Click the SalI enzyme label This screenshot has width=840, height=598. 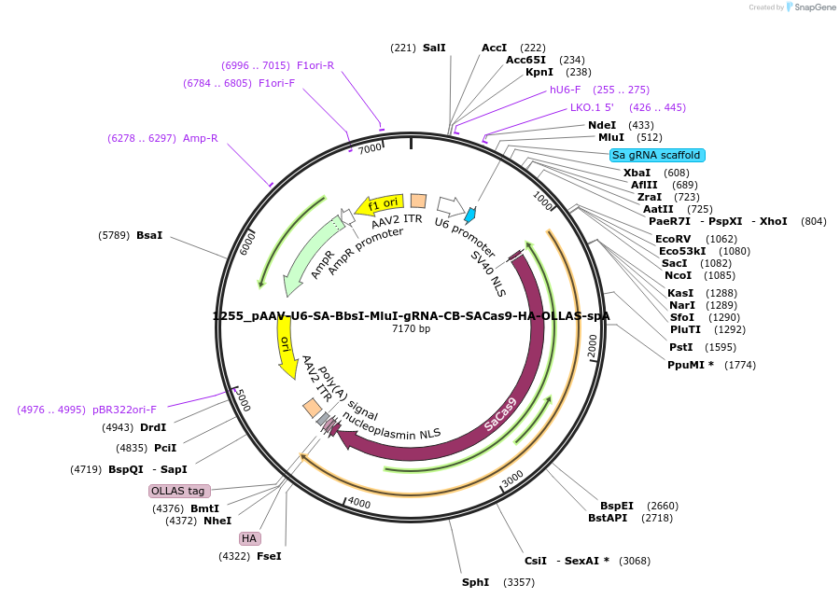tap(434, 47)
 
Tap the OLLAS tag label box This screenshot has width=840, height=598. tap(179, 491)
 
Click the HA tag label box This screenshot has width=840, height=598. tap(249, 538)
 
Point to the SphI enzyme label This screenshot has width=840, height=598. tap(475, 582)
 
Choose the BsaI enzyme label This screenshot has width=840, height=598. tap(149, 235)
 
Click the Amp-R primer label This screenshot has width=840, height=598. tap(201, 138)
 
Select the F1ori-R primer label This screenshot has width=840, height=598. tap(315, 65)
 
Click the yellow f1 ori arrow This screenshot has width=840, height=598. tap(381, 202)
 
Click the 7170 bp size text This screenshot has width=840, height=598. tap(411, 328)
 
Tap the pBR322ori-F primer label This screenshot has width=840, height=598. tap(124, 410)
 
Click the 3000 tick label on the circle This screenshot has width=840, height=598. tap(512, 479)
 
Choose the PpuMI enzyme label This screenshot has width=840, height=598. tap(691, 364)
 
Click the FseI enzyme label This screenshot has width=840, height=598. tap(269, 556)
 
